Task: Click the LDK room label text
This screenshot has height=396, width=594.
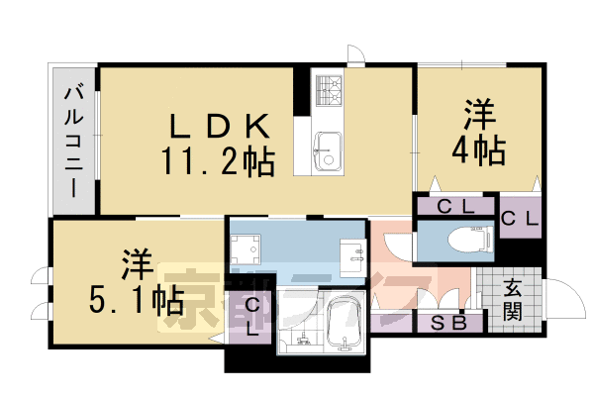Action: pyautogui.click(x=219, y=126)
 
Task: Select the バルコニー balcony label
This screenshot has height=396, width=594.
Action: pyautogui.click(x=74, y=139)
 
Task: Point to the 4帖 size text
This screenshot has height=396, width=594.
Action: pyautogui.click(x=479, y=150)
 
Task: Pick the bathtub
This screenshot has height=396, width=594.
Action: pyautogui.click(x=344, y=322)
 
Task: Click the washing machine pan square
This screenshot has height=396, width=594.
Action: pyautogui.click(x=244, y=247)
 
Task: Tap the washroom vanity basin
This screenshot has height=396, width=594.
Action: pyautogui.click(x=350, y=256)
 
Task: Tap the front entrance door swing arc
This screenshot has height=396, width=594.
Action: pyautogui.click(x=564, y=297)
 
